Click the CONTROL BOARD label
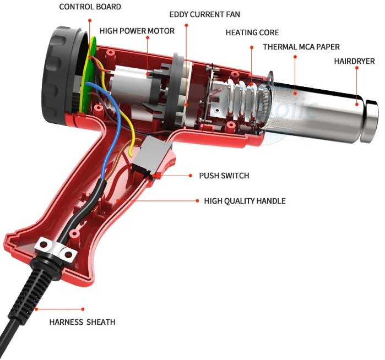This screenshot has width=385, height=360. tap(90, 7)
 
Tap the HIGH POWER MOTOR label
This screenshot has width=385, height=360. tap(137, 31)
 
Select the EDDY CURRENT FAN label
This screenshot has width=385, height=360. tap(204, 14)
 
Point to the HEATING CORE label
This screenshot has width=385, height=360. tap(252, 33)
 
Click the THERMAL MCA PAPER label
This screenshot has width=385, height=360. tap(301, 47)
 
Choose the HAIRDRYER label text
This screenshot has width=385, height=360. tap(354, 61)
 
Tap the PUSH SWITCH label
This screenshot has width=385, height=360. tap(224, 176)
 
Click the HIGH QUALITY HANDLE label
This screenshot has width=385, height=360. tap(245, 201)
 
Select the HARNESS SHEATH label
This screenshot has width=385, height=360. tap(82, 322)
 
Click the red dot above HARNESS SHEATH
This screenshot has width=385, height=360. tap(83, 309)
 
